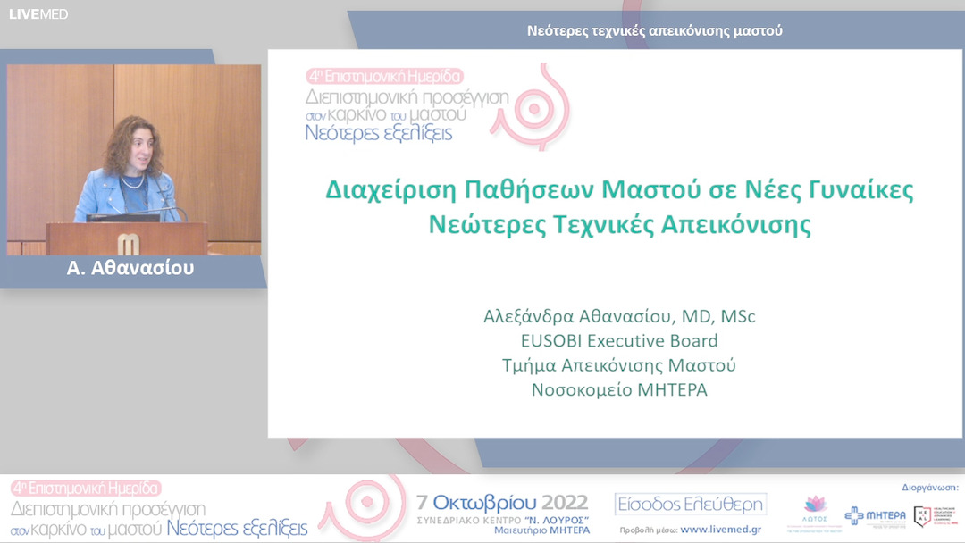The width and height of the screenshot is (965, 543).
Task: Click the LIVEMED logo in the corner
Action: click(38, 14)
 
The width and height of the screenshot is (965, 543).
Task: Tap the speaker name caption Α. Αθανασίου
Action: click(130, 268)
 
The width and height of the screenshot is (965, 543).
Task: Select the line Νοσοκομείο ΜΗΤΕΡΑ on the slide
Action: click(619, 389)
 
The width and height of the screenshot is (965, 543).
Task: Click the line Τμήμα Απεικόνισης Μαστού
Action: click(619, 365)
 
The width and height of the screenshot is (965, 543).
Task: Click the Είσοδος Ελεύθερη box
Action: click(691, 505)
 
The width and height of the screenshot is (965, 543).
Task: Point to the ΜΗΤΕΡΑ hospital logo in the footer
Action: click(876, 515)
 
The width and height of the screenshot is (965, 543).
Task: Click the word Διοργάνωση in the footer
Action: click(924, 488)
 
